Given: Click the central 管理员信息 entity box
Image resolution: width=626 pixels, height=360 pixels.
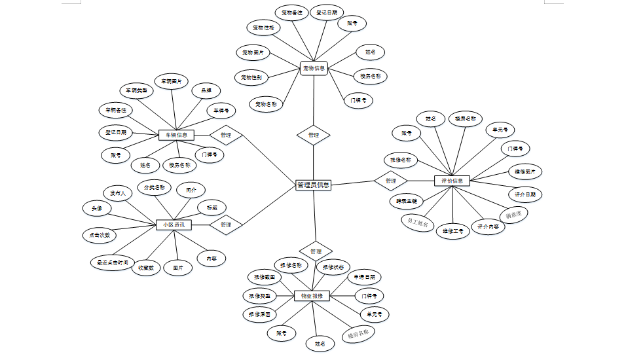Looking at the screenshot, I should (x=314, y=185).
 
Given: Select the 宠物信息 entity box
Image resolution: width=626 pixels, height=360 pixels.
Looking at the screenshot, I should (x=314, y=68).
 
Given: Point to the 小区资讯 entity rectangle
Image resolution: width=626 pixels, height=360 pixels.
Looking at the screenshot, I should (x=174, y=225).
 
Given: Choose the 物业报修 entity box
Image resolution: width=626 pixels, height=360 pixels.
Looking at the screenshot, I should (x=312, y=296).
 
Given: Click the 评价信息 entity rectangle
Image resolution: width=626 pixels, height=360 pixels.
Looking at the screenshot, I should (x=452, y=180).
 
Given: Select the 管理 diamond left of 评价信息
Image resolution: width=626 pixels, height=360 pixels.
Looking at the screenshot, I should (x=391, y=180).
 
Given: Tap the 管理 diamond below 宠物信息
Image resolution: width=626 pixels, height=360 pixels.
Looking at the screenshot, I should (x=313, y=135).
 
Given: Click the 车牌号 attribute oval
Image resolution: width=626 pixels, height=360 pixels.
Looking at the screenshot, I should (x=221, y=111).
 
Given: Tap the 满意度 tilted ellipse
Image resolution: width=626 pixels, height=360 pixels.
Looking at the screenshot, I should (x=513, y=213).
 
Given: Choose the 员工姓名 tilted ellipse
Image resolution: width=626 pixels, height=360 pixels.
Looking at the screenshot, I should (x=417, y=223).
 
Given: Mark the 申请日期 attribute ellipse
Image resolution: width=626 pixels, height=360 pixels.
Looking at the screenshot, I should (x=364, y=277).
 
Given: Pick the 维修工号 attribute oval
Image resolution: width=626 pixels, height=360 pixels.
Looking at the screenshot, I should (x=452, y=231).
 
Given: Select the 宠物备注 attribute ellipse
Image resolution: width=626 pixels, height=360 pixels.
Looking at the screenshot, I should (x=291, y=12).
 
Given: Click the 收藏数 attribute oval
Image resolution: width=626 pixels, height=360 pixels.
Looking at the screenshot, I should (x=145, y=268).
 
